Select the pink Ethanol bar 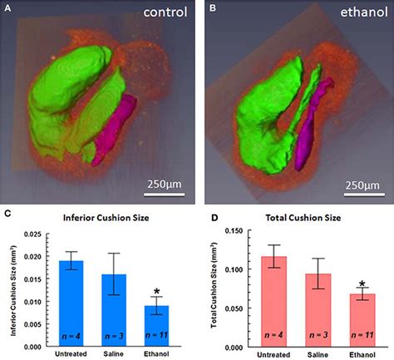click(361, 320)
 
